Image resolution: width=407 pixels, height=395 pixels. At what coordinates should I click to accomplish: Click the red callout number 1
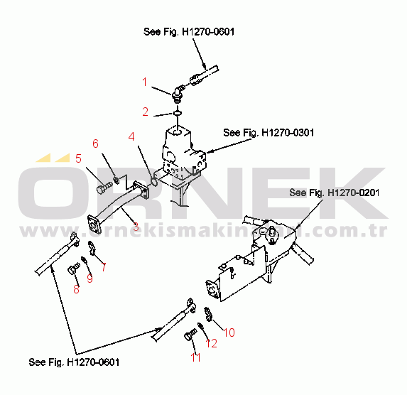pyautogui.click(x=145, y=82)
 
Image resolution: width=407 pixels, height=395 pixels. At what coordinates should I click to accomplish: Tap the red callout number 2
pyautogui.click(x=146, y=112)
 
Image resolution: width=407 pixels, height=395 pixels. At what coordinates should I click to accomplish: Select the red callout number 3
pyautogui.click(x=136, y=227)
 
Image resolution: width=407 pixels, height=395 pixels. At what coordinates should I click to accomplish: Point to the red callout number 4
pyautogui.click(x=131, y=136)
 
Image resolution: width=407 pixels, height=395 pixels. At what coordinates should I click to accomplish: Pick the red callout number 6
pyautogui.click(x=95, y=144)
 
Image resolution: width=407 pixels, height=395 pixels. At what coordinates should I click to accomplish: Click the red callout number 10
pyautogui.click(x=229, y=332)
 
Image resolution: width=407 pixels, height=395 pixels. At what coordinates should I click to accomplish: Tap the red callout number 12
pyautogui.click(x=211, y=344)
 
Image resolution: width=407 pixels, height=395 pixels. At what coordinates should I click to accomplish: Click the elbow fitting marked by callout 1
pyautogui.click(x=178, y=92)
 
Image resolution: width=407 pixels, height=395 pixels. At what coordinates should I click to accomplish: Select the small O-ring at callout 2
pyautogui.click(x=178, y=113)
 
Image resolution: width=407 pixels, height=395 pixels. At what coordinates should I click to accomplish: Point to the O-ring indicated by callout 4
pyautogui.click(x=153, y=182)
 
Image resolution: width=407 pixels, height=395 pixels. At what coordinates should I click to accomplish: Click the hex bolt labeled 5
pyautogui.click(x=104, y=188)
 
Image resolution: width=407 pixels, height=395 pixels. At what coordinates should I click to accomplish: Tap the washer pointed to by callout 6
pyautogui.click(x=116, y=180)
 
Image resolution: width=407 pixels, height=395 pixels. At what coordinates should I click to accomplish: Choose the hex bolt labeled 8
pyautogui.click(x=73, y=269)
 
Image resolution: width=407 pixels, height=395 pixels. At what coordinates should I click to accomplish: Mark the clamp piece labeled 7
pyautogui.click(x=92, y=248)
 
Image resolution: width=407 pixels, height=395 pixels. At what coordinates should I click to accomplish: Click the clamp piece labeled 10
pyautogui.click(x=208, y=314)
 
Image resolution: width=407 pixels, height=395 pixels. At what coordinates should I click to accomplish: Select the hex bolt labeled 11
pyautogui.click(x=190, y=335)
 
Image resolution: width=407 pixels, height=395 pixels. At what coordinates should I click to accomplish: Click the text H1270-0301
pyautogui.click(x=288, y=133)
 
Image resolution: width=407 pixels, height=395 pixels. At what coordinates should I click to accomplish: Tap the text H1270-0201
pyautogui.click(x=354, y=193)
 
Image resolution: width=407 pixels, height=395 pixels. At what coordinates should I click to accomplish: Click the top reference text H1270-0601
pyautogui.click(x=208, y=32)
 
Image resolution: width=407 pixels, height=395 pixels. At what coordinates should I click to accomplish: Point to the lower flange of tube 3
pyautogui.click(x=94, y=224)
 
